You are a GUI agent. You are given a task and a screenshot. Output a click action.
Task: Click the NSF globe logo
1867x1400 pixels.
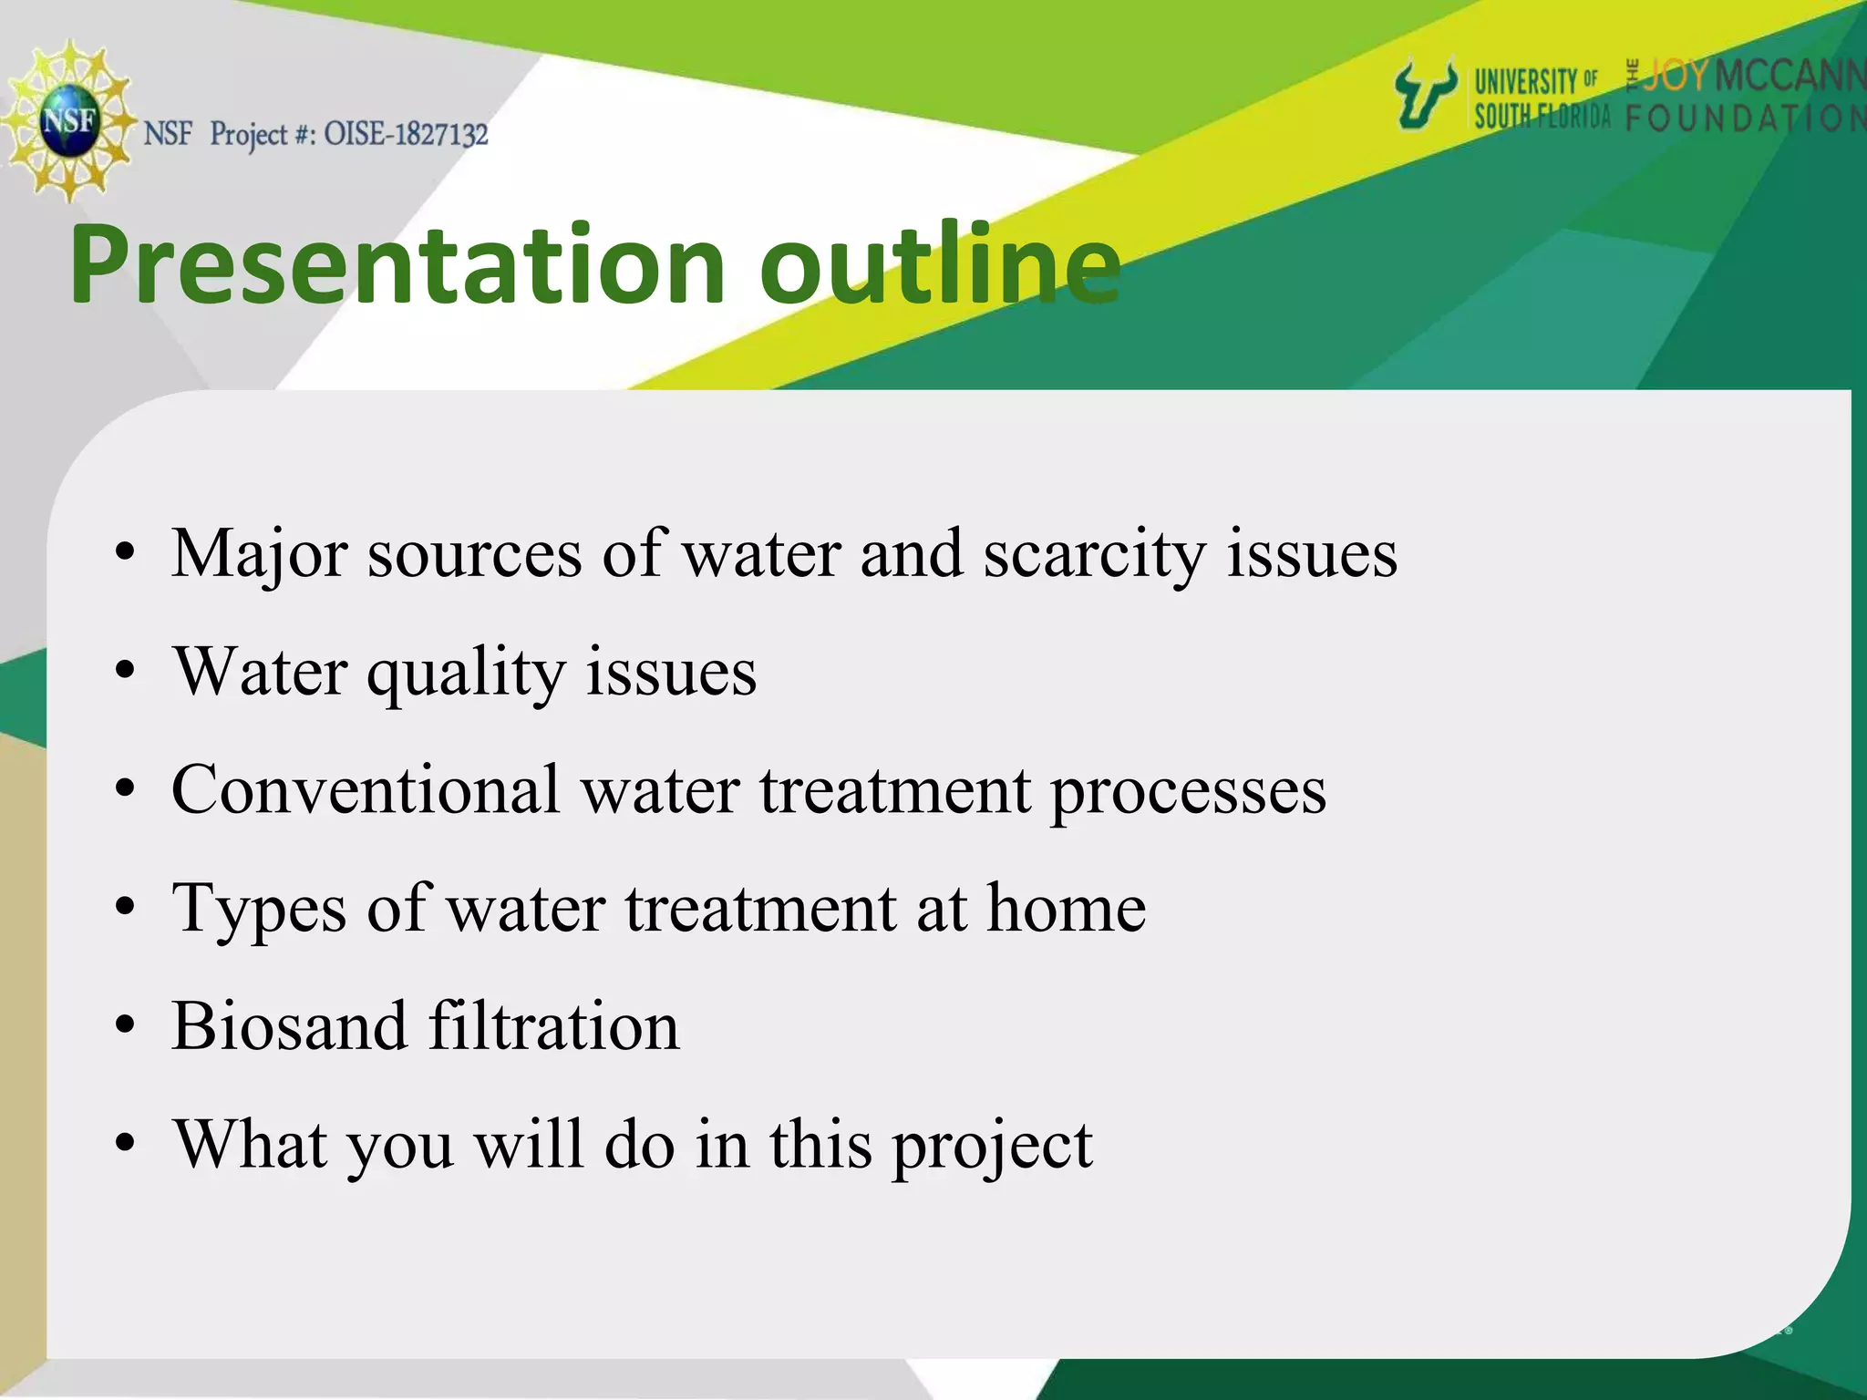pyautogui.click(x=68, y=120)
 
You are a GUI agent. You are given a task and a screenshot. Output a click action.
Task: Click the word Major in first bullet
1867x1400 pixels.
pyautogui.click(x=259, y=554)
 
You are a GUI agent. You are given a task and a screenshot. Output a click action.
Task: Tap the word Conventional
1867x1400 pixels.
pyautogui.click(x=366, y=789)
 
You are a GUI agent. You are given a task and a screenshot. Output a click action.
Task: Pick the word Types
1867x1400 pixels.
pyautogui.click(x=259, y=909)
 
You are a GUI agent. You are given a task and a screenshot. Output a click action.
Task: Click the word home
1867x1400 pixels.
pyautogui.click(x=1066, y=908)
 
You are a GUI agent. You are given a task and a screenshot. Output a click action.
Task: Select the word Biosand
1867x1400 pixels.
pyautogui.click(x=288, y=1026)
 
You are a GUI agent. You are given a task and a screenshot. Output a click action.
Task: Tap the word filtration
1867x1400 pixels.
pyautogui.click(x=553, y=1026)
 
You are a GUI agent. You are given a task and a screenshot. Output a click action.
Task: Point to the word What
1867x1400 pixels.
pyautogui.click(x=251, y=1145)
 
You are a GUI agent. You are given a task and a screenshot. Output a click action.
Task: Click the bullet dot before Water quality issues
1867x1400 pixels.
pyautogui.click(x=125, y=674)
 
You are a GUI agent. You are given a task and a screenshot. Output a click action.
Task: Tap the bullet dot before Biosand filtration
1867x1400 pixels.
pyautogui.click(x=125, y=1027)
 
